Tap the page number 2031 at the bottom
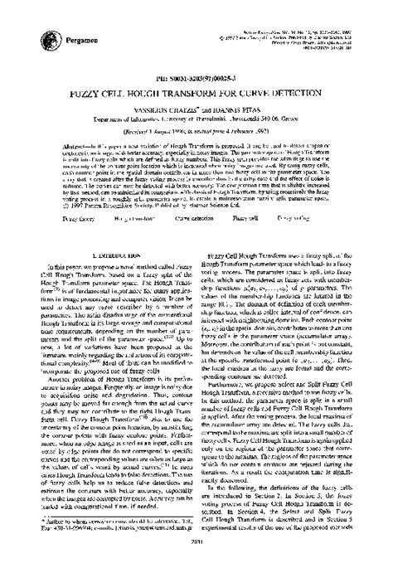(x=196, y=557)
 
